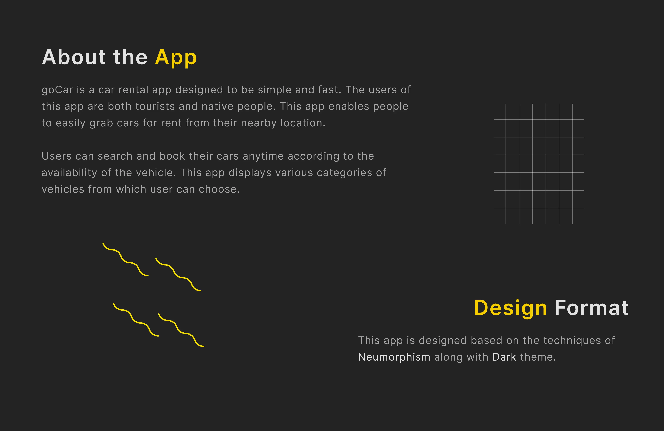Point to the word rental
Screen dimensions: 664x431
pyautogui.click(x=133, y=90)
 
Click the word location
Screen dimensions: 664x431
pyautogui.click(x=303, y=123)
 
